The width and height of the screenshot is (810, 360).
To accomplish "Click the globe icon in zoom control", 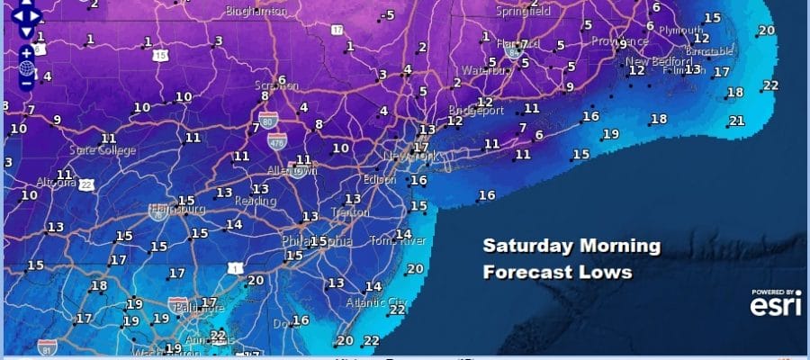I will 26,67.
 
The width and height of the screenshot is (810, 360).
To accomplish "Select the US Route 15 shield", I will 161,56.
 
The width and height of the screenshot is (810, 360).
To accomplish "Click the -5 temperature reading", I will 388,15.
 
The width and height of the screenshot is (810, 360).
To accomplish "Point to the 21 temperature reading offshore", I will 737,121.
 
